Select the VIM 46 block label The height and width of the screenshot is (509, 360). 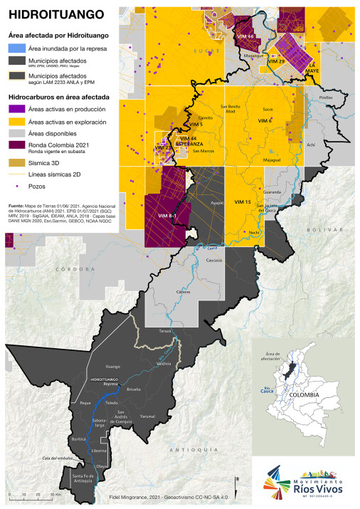(246, 36)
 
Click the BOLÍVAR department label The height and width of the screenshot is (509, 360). (320, 231)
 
